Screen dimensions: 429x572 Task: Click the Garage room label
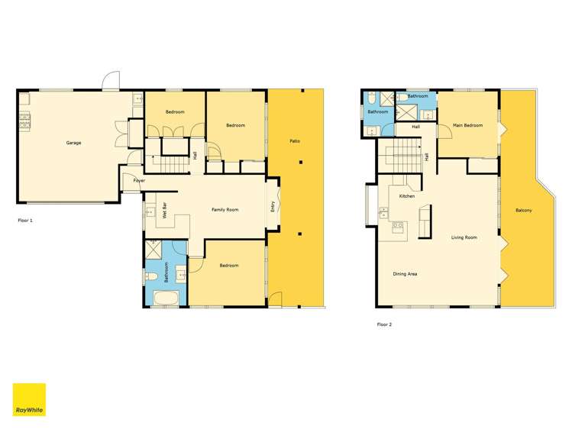tap(73, 143)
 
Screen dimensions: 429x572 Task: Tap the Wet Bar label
tap(165, 210)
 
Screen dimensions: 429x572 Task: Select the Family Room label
tap(225, 210)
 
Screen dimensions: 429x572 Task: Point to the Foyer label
tap(139, 181)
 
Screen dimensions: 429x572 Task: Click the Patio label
tap(294, 141)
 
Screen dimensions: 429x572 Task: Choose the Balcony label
tap(524, 211)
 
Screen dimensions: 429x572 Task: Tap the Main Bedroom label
tap(467, 125)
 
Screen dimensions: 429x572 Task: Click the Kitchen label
tap(407, 197)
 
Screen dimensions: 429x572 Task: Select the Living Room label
tap(464, 237)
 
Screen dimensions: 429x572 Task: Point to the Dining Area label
tap(405, 273)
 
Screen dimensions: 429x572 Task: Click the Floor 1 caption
tap(25, 220)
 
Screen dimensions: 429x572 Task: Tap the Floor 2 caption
tap(383, 324)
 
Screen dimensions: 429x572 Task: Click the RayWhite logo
tap(29, 398)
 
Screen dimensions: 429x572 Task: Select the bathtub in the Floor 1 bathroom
tap(164, 297)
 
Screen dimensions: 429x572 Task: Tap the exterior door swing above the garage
tap(111, 80)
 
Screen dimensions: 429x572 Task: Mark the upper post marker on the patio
tap(302, 162)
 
